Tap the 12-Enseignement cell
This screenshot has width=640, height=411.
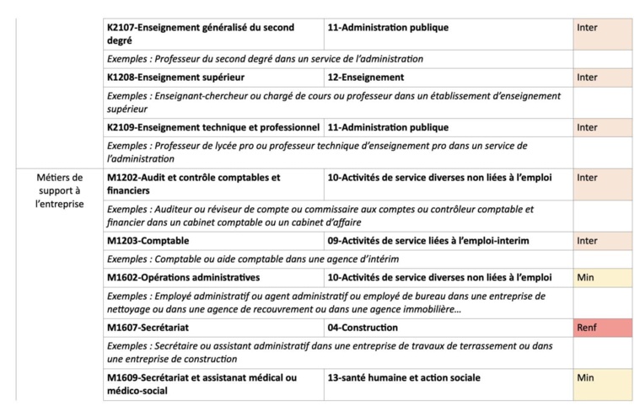point(448,77)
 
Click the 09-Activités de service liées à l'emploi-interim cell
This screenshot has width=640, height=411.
point(448,241)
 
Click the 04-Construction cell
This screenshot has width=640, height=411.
point(448,327)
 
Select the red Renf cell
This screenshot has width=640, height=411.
point(602,327)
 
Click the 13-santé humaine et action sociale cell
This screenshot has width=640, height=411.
point(448,378)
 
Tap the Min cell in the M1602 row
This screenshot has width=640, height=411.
point(602,277)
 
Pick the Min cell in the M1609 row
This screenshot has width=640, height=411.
point(602,383)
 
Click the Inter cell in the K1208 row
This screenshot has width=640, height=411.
point(602,77)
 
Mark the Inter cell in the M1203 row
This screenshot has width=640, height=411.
point(602,241)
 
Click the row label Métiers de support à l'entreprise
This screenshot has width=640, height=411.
point(60,190)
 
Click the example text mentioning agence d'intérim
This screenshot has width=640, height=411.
point(253,259)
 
